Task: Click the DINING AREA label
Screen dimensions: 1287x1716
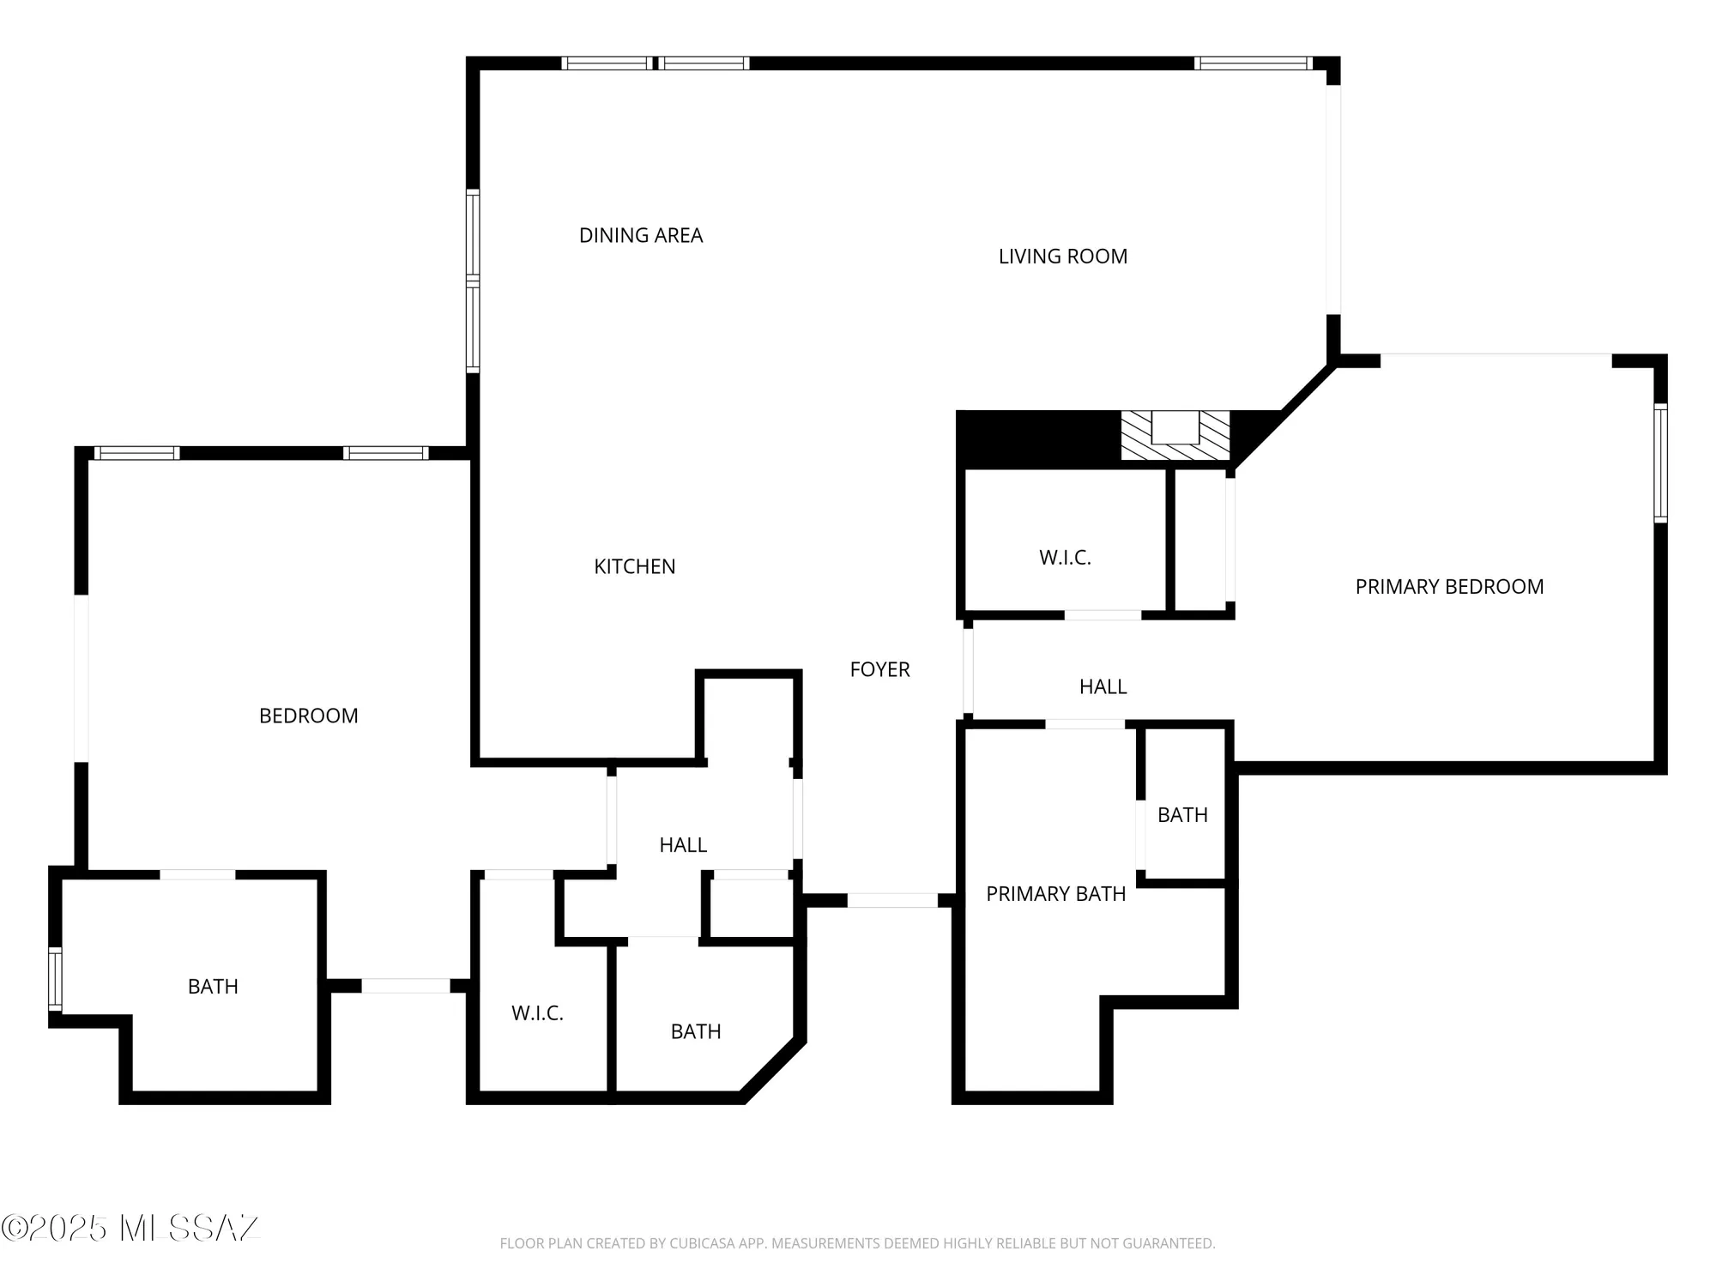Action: (x=641, y=235)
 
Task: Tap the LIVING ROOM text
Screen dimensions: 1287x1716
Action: (x=1062, y=257)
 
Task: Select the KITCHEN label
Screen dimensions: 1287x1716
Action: (x=634, y=566)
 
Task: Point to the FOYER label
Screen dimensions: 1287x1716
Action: (x=879, y=669)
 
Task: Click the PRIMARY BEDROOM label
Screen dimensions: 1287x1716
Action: (x=1449, y=587)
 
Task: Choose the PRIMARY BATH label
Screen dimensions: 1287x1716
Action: (x=1055, y=894)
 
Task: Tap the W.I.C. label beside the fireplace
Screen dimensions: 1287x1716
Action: (x=1065, y=558)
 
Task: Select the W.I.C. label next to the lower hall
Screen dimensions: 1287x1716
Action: (x=537, y=1013)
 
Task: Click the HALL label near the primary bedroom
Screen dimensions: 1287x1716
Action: (x=1103, y=686)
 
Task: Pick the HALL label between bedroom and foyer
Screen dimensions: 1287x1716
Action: (x=683, y=845)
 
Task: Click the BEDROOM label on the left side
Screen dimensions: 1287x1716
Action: (x=309, y=716)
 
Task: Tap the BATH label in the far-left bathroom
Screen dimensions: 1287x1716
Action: (x=213, y=987)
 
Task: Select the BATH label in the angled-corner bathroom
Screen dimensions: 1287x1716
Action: (x=695, y=1031)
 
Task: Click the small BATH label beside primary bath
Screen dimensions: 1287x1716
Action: (x=1182, y=815)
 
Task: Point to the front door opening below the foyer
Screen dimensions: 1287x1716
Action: (x=892, y=900)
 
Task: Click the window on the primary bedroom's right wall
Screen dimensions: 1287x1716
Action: (x=1660, y=463)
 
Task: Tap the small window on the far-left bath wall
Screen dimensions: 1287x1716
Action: (x=56, y=979)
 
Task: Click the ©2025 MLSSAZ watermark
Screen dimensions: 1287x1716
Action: (x=130, y=1228)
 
